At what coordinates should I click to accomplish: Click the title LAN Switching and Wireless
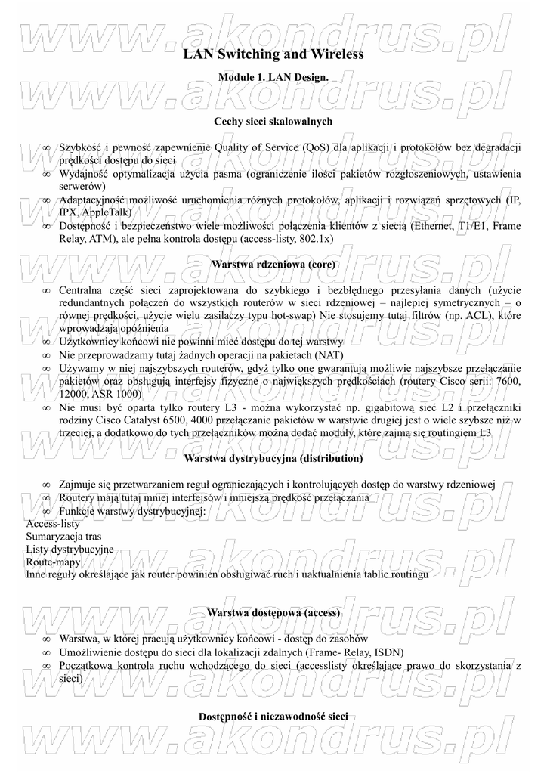point(273,54)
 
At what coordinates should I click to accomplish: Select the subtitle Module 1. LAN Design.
point(273,78)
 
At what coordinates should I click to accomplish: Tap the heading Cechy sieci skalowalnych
point(273,121)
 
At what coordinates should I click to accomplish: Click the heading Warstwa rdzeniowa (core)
point(273,265)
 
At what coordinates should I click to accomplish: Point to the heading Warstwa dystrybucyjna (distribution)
point(273,459)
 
